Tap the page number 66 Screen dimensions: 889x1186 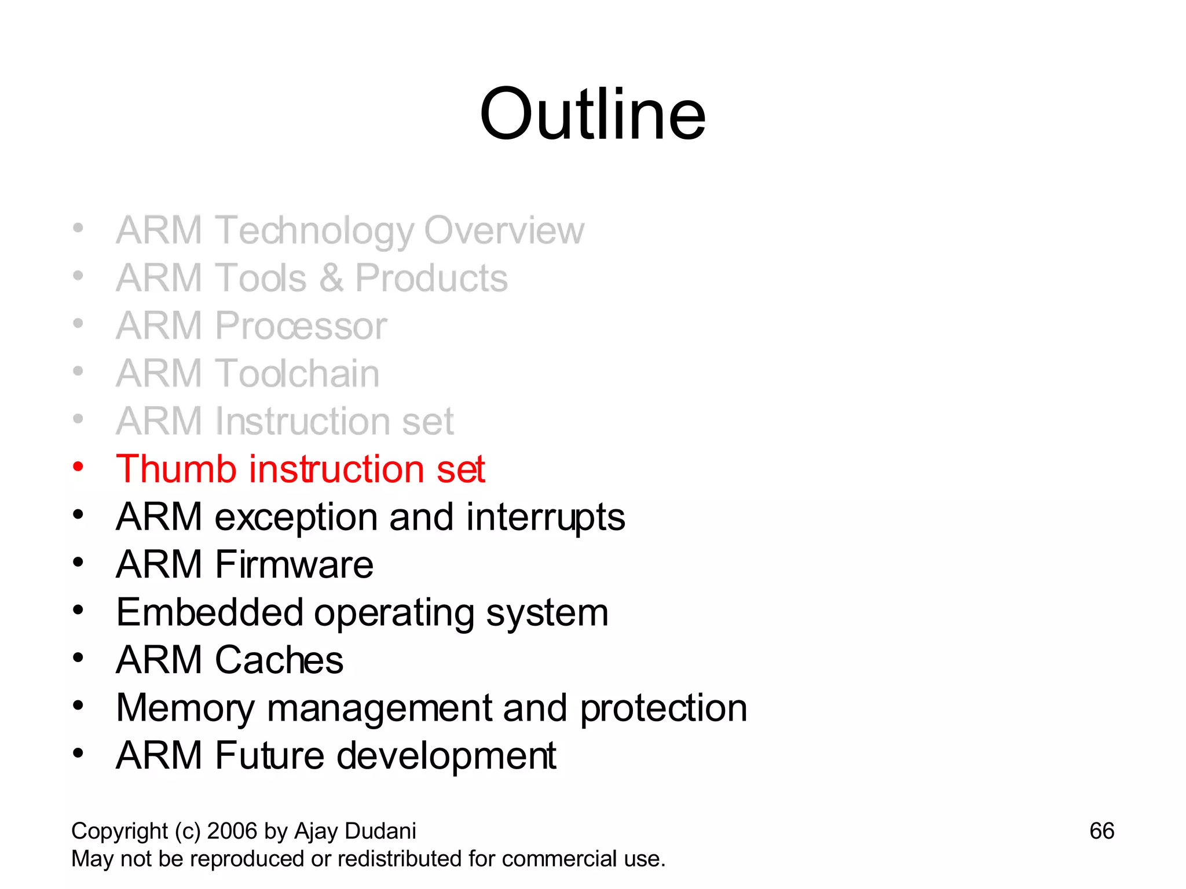[1101, 831]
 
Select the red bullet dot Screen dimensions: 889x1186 [78, 466]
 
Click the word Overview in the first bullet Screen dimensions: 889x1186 [504, 230]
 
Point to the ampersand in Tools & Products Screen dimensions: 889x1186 [331, 278]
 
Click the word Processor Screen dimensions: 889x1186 [301, 326]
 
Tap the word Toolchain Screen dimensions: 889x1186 [298, 373]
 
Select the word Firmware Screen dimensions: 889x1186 [294, 564]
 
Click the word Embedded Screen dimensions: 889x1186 [210, 612]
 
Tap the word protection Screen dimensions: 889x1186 [664, 708]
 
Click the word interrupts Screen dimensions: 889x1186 [546, 516]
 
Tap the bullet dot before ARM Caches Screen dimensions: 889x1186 [78, 657]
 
